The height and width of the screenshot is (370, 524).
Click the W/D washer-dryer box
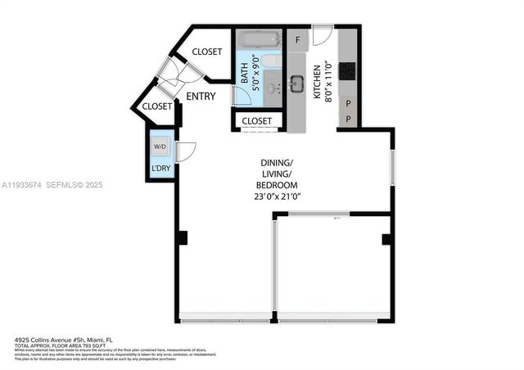point(159,147)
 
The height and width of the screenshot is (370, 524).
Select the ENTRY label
point(201,97)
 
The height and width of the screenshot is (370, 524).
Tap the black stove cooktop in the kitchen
point(347,71)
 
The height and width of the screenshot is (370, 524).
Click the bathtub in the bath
point(259,39)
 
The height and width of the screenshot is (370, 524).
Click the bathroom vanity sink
point(271,87)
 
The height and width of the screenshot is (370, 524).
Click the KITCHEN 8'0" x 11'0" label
point(321,80)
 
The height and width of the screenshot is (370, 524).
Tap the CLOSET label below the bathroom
point(256,121)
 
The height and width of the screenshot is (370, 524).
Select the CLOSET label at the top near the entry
point(206,52)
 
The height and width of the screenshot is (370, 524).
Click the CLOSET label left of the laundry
point(157,106)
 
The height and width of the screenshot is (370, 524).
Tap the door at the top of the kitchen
point(322,37)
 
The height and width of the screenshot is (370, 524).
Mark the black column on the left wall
point(182,238)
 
